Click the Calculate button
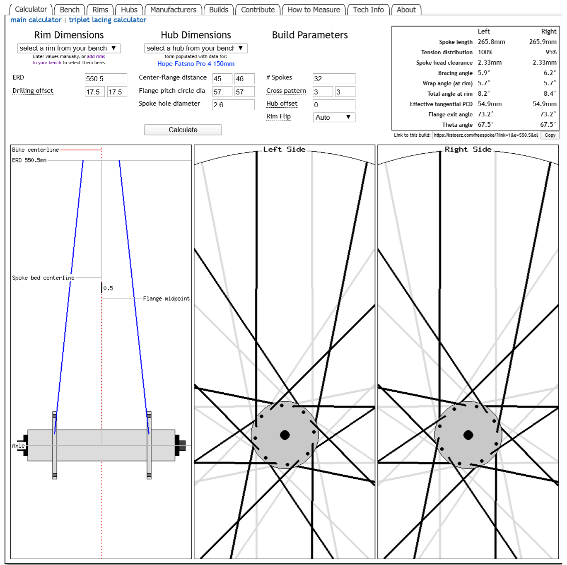pyautogui.click(x=183, y=130)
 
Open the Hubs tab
pyautogui.click(x=129, y=10)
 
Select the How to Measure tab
pyautogui.click(x=314, y=10)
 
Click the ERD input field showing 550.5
pyautogui.click(x=106, y=79)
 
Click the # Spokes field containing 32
pyautogui.click(x=334, y=79)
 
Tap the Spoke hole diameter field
pyautogui.click(x=233, y=105)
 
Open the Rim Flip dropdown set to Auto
pyautogui.click(x=334, y=117)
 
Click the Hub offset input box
pyautogui.click(x=334, y=105)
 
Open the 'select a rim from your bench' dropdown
pyautogui.click(x=69, y=48)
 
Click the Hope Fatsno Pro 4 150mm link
pyautogui.click(x=196, y=64)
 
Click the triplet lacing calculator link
pyautogui.click(x=108, y=20)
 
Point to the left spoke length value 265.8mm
pyautogui.click(x=491, y=42)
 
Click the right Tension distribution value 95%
pyautogui.click(x=551, y=52)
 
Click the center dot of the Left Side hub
pyautogui.click(x=285, y=435)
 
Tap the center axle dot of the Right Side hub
pyautogui.click(x=468, y=435)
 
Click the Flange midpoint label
pyautogui.click(x=166, y=299)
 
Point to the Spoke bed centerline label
pyautogui.click(x=43, y=278)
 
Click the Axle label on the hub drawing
pyautogui.click(x=18, y=446)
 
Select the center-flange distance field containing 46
pyautogui.click(x=244, y=79)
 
